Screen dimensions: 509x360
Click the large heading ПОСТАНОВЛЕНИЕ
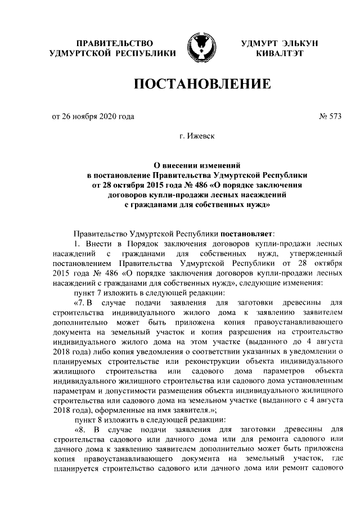pyautogui.click(x=202, y=85)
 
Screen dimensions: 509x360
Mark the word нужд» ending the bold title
pyautogui.click(x=255, y=206)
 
